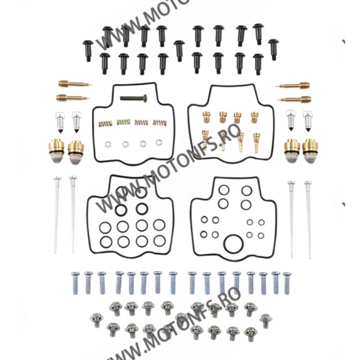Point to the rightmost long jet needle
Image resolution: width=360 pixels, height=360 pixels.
point(308,216)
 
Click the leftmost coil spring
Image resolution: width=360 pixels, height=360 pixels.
point(104,122)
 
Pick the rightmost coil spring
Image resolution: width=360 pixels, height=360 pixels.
point(159,122)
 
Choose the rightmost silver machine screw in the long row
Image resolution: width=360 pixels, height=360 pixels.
point(287,281)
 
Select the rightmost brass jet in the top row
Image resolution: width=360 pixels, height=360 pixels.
point(255,117)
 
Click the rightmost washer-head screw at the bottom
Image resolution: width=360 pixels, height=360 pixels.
point(265,320)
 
